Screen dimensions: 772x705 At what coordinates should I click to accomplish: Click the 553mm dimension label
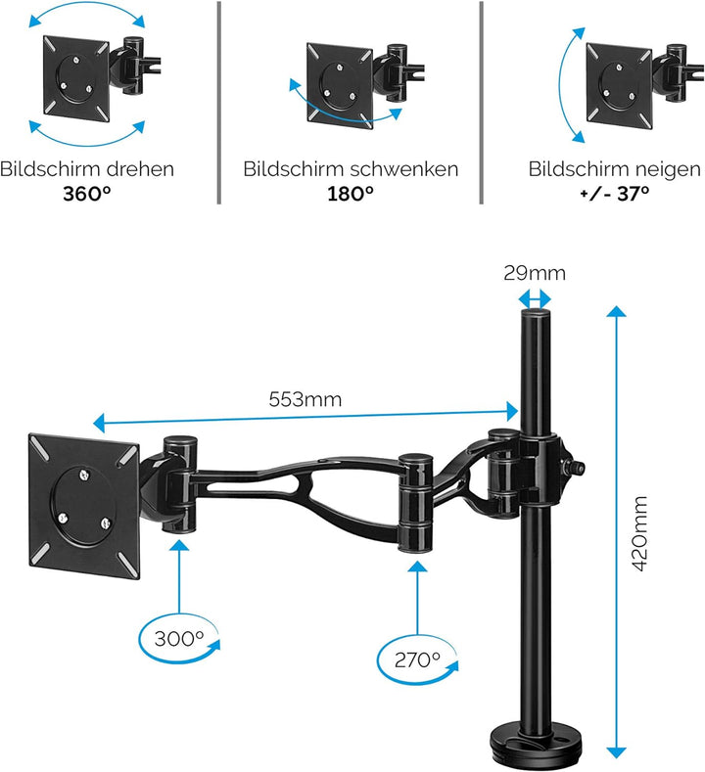coord(305,399)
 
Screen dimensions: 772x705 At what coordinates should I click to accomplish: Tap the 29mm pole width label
coord(536,274)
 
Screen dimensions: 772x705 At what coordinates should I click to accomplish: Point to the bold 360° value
coord(86,193)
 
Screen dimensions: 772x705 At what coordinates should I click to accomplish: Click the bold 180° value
coord(351,193)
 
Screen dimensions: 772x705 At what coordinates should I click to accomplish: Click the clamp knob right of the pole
coord(579,468)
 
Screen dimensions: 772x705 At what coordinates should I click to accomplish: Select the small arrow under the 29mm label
coord(536,298)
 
